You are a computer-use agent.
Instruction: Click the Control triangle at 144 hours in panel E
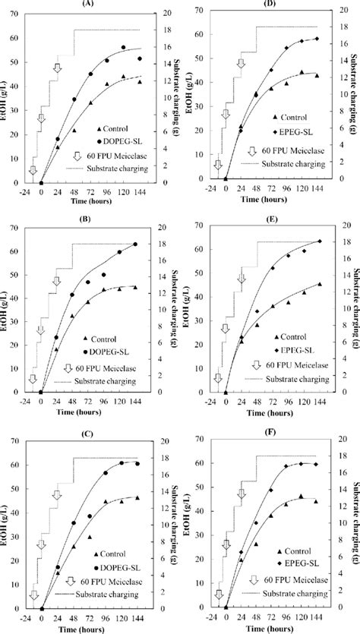click(319, 284)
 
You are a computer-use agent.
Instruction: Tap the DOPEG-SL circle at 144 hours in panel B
click(136, 244)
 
